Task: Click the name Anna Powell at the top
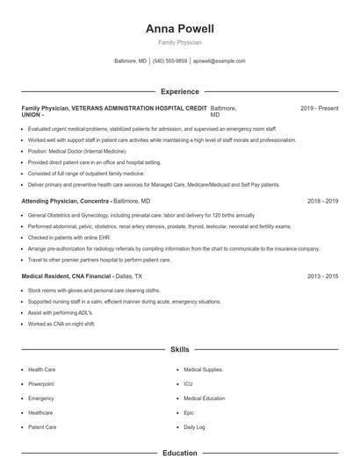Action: click(x=179, y=28)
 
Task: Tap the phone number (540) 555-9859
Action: click(x=169, y=61)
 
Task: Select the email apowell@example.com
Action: click(x=219, y=61)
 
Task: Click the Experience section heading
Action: click(x=179, y=91)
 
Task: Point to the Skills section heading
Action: click(x=179, y=349)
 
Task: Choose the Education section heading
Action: click(x=179, y=453)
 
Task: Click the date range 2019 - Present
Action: click(x=319, y=108)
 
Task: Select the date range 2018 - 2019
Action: click(x=322, y=201)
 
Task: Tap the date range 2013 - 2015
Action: click(x=322, y=275)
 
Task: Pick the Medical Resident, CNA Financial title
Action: click(x=66, y=275)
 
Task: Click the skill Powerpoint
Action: click(x=41, y=384)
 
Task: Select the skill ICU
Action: click(x=188, y=384)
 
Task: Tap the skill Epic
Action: click(x=189, y=412)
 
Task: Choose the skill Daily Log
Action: click(x=194, y=427)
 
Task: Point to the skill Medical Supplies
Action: click(x=202, y=369)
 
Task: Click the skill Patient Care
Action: click(x=42, y=427)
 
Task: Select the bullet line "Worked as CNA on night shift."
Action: click(x=60, y=324)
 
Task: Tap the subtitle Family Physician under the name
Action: click(x=179, y=42)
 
